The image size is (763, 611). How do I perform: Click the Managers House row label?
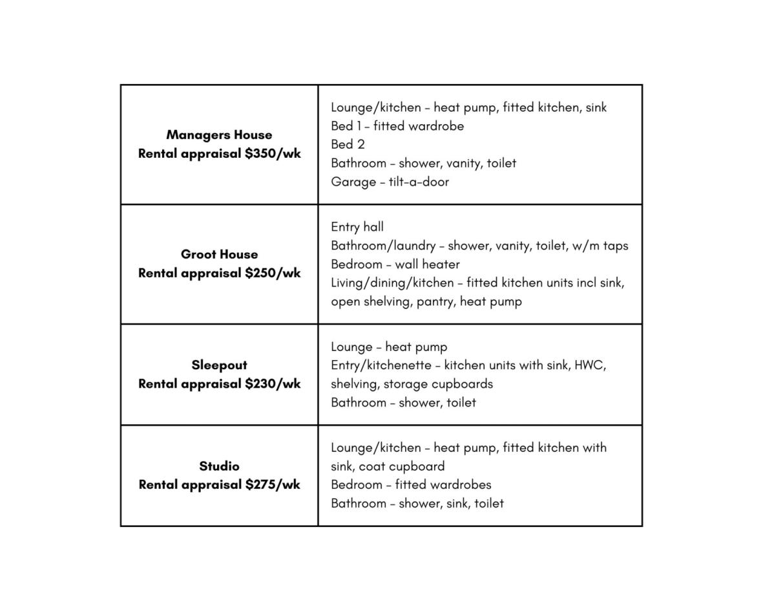point(219,135)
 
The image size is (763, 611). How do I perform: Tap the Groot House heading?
point(219,255)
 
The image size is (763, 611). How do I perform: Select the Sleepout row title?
point(219,365)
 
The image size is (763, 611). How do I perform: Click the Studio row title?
point(219,466)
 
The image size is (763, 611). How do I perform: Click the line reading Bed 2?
point(348,144)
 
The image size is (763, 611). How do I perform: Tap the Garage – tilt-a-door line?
point(390,182)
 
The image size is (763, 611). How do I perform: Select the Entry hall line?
point(357,227)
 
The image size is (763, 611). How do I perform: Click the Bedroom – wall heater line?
point(395,264)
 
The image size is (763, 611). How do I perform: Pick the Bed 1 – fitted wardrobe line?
point(397,126)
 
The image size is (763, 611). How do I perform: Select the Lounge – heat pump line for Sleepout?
point(388,347)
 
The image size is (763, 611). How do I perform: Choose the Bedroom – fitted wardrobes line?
point(411,485)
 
